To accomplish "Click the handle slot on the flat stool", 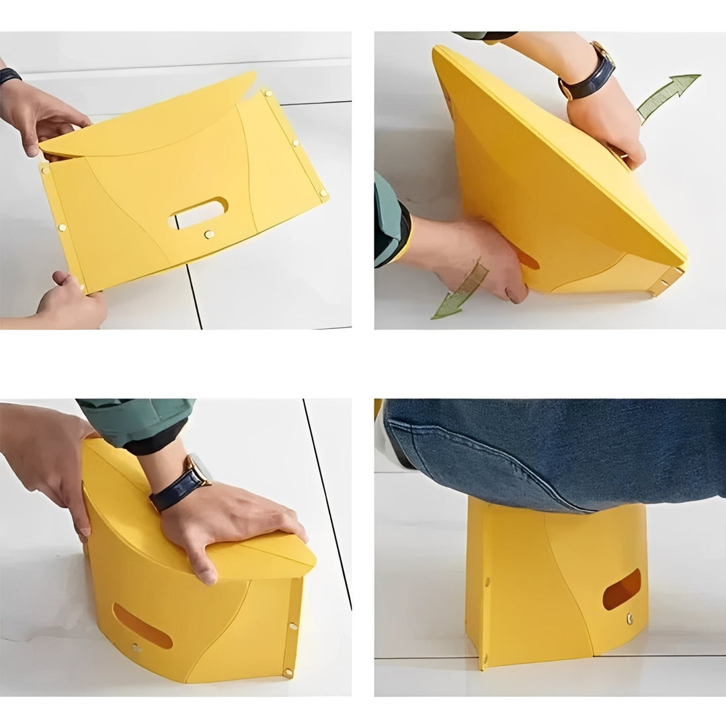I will coord(199,212).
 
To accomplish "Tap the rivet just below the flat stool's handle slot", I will coord(208,235).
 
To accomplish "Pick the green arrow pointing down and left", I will coord(461,292).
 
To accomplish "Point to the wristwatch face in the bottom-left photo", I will coord(199,468).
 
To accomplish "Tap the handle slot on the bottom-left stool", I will coord(142,626).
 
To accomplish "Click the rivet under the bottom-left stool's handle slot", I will coord(136,647).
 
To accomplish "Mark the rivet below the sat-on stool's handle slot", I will coord(629,616).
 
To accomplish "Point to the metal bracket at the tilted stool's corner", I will coord(666,281).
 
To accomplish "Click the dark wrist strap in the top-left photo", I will coord(9,75).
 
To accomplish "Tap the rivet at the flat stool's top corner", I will coord(268,93).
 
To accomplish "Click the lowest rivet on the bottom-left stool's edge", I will coord(288,672).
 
